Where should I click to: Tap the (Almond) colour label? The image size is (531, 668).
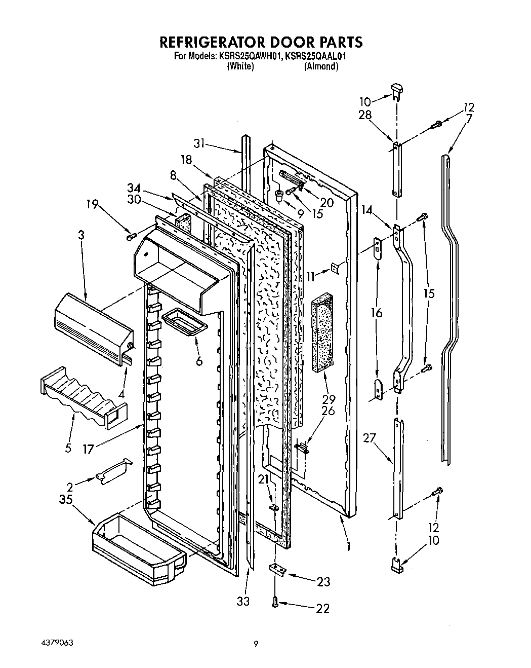(321, 66)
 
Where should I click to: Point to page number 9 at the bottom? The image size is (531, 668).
(257, 644)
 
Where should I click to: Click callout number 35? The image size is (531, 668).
(65, 499)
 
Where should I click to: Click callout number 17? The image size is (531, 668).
(88, 449)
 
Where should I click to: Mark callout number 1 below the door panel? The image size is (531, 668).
(349, 547)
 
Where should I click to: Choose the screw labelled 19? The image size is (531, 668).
(132, 236)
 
